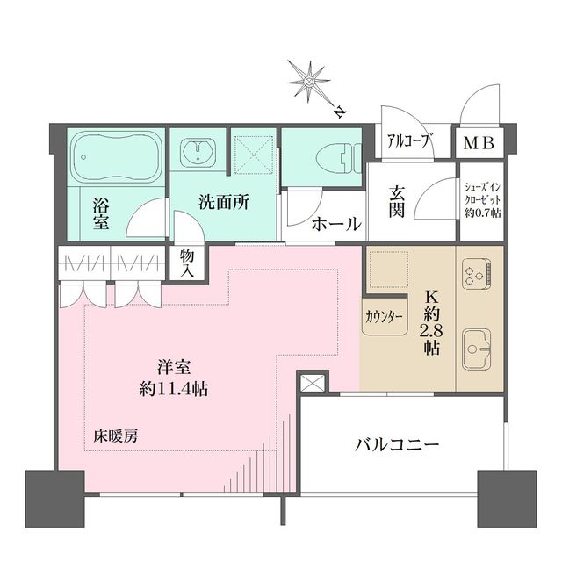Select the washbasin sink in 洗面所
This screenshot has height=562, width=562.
point(197,155)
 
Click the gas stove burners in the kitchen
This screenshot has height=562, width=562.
point(479,273)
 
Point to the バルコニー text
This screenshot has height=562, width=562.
point(397,445)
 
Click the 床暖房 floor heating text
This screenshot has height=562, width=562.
point(116,435)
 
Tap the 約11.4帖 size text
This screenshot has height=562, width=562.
point(184,387)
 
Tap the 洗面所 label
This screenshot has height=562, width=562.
point(223,201)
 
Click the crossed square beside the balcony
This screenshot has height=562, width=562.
point(312,383)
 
